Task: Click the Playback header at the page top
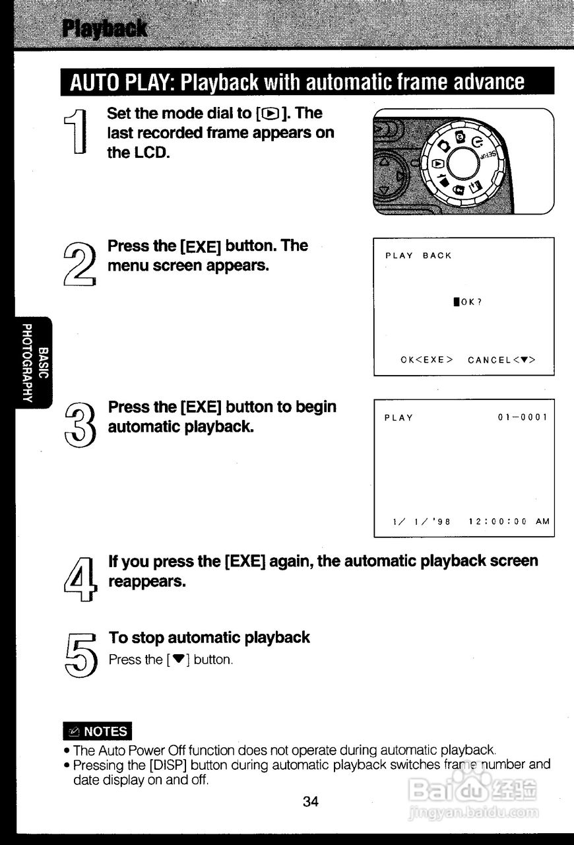105,29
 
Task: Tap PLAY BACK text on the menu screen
418,256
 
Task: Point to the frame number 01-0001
523,418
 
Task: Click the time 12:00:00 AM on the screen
509,521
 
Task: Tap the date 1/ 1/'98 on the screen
421,521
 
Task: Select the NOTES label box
98,731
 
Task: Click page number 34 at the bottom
311,801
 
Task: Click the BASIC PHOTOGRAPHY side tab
34,362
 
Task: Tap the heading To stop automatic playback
209,637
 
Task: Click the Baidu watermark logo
472,790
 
